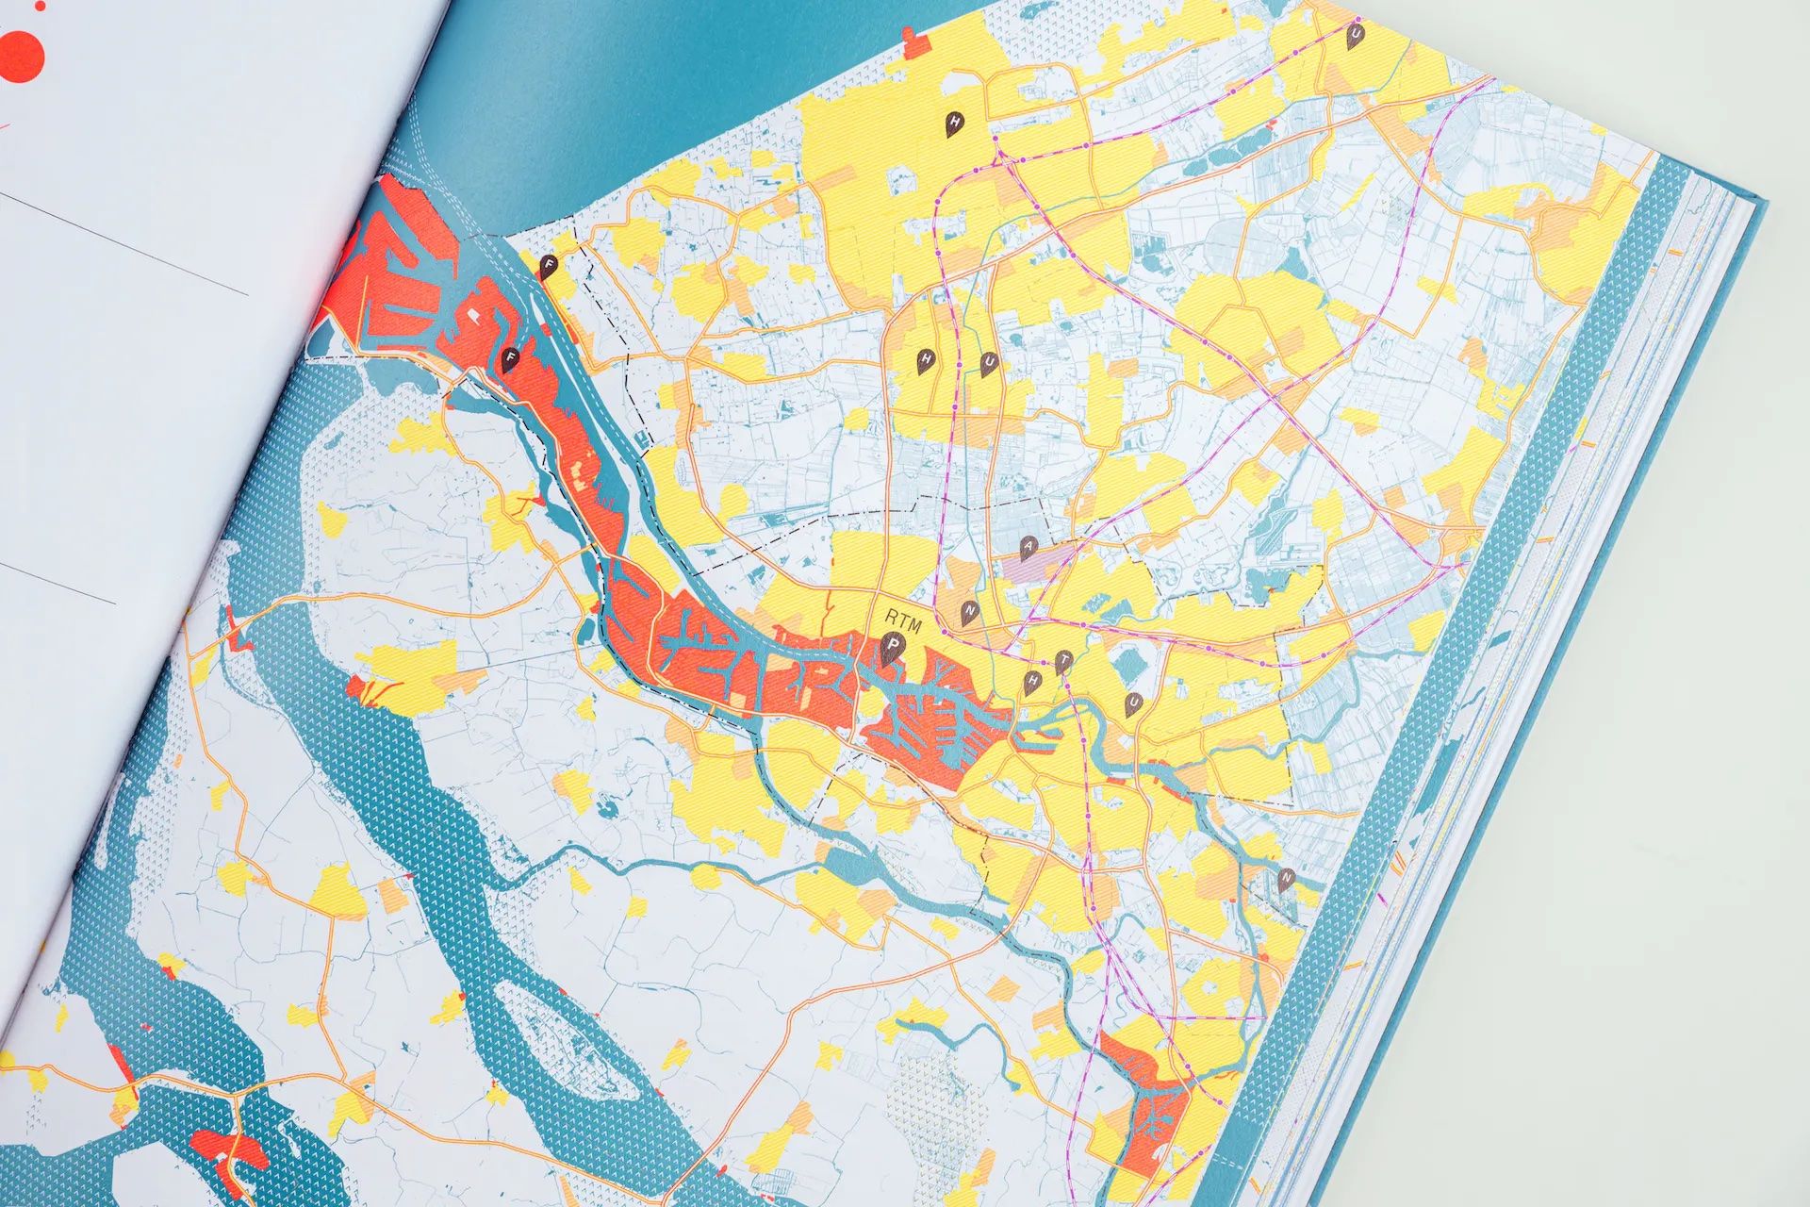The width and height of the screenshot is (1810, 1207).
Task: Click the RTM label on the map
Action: pyautogui.click(x=902, y=620)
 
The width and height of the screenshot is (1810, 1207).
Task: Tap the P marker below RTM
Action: pyautogui.click(x=891, y=649)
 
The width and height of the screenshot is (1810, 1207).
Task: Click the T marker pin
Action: pyautogui.click(x=1063, y=660)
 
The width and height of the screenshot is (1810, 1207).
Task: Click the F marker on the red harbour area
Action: pyautogui.click(x=510, y=359)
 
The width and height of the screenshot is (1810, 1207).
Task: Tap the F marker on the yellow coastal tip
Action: pyautogui.click(x=549, y=267)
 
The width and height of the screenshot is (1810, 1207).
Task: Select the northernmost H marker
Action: pyautogui.click(x=955, y=124)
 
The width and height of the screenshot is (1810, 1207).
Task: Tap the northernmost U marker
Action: pyautogui.click(x=1355, y=36)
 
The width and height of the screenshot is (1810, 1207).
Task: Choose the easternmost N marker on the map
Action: pyautogui.click(x=1287, y=878)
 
